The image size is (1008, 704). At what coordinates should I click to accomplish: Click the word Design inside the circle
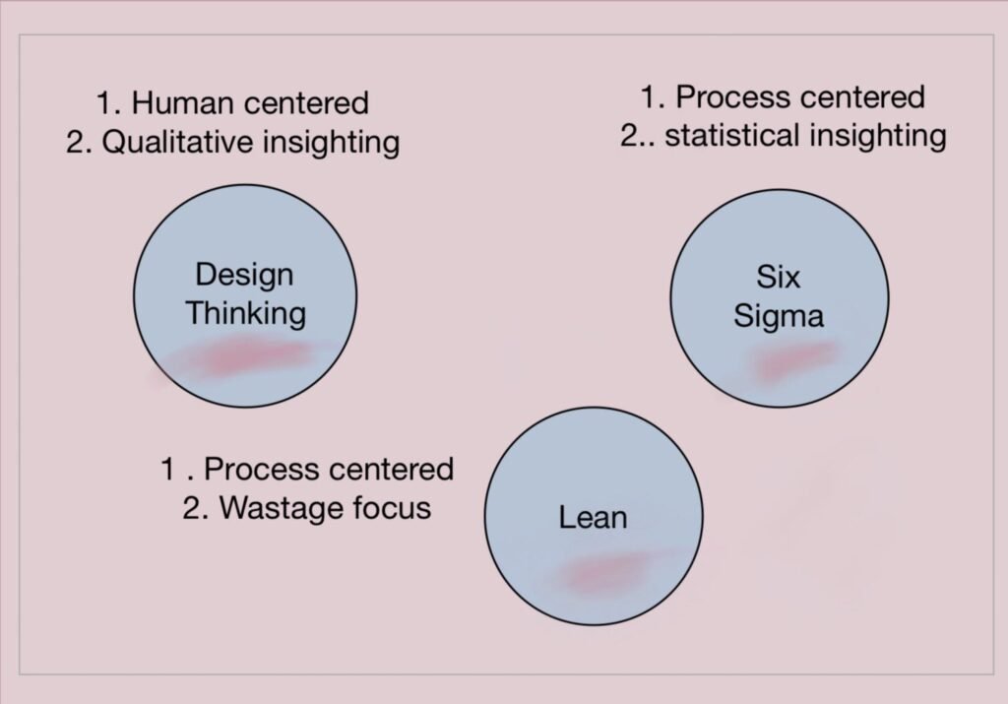coord(244,275)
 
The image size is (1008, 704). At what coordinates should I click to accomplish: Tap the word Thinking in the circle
coord(246,313)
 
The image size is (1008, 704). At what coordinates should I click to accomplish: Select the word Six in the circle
coord(780,277)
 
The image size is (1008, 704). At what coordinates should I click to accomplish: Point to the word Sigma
coord(779,316)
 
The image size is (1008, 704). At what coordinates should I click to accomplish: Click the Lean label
coord(593,516)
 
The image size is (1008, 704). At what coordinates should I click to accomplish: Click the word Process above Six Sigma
coord(731,96)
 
